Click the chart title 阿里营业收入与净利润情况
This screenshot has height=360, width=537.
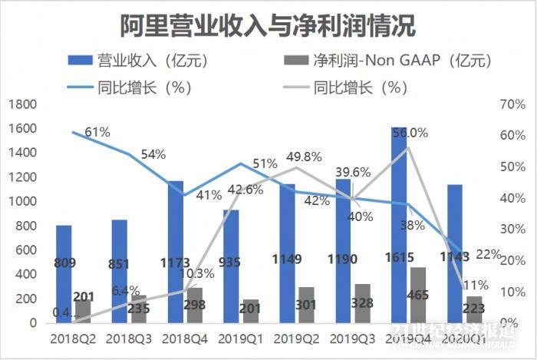point(268,25)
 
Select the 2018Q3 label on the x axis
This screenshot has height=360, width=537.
point(127,338)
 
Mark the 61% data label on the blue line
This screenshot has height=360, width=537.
point(97,132)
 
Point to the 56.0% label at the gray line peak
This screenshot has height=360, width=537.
point(410,133)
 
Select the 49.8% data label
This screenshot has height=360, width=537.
point(301,157)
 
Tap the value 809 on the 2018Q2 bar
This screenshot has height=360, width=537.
point(64,263)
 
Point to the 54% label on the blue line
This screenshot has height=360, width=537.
point(153,154)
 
